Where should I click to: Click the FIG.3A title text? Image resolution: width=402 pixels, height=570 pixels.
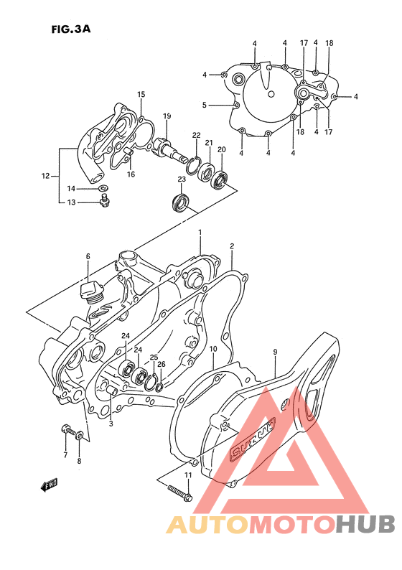pyautogui.click(x=70, y=29)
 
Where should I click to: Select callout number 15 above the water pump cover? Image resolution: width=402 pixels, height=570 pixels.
pyautogui.click(x=141, y=94)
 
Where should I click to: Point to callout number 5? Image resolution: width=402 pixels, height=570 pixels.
pyautogui.click(x=205, y=105)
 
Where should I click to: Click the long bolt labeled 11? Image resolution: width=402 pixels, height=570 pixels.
pyautogui.click(x=179, y=492)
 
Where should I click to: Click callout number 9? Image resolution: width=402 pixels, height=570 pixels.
pyautogui.click(x=276, y=352)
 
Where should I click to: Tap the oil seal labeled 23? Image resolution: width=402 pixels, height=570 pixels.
pyautogui.click(x=180, y=202)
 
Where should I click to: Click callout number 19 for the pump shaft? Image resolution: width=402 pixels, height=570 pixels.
pyautogui.click(x=167, y=116)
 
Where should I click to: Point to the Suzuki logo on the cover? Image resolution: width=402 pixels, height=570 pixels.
pyautogui.click(x=251, y=443)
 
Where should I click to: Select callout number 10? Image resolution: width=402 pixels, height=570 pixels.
pyautogui.click(x=213, y=350)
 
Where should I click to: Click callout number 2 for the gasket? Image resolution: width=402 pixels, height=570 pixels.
pyautogui.click(x=232, y=246)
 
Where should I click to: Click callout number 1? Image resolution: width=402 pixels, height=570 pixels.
pyautogui.click(x=200, y=233)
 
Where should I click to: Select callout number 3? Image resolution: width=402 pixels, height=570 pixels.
pyautogui.click(x=111, y=424)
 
